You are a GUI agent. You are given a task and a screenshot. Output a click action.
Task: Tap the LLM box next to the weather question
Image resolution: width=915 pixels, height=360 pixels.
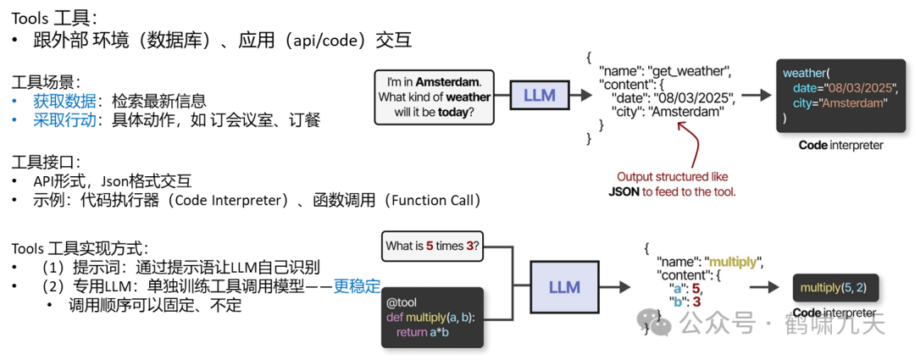(539, 95)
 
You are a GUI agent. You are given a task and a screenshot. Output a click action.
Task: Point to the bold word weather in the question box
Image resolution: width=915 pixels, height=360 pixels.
(469, 97)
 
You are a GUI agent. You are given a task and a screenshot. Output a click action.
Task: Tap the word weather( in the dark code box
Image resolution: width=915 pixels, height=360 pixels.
(806, 73)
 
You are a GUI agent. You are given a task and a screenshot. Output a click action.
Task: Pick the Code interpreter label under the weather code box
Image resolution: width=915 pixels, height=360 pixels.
(840, 145)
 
